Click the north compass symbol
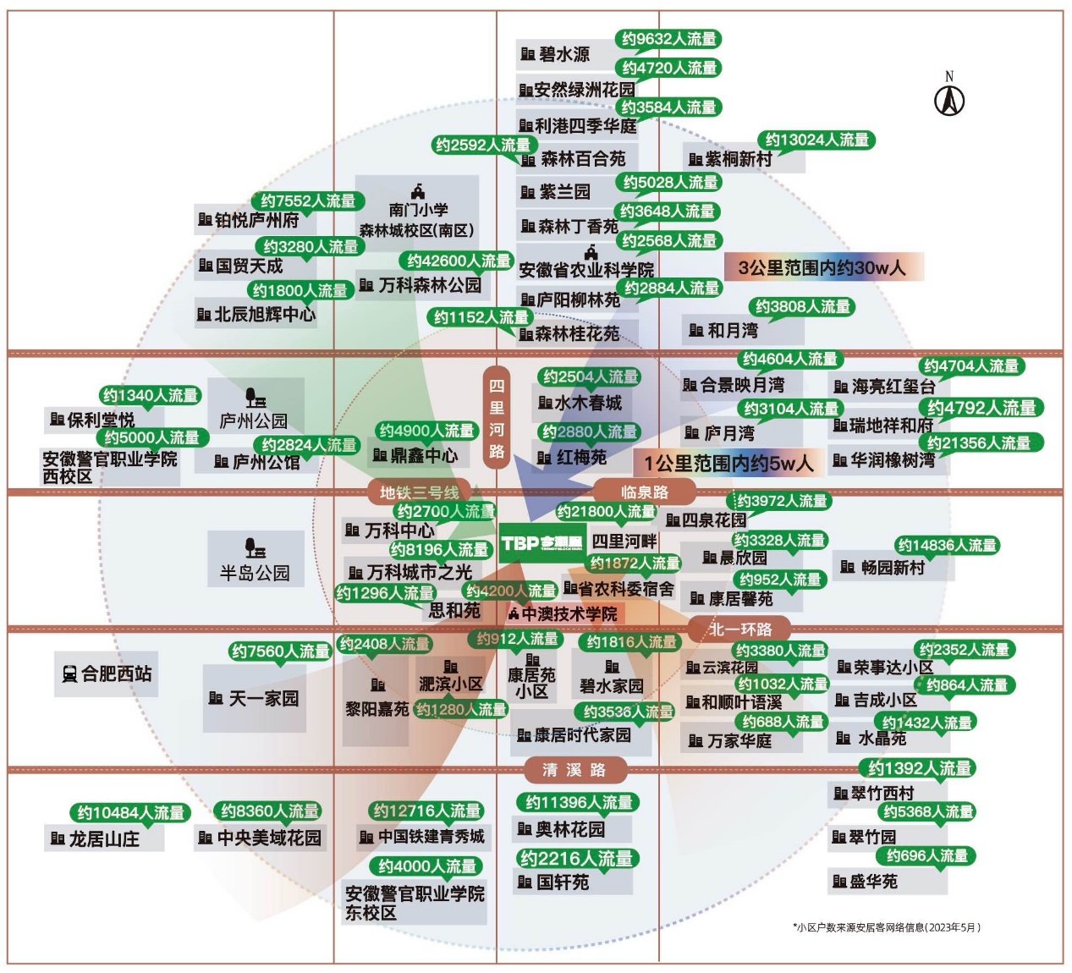949,95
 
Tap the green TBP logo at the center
541,542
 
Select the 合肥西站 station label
107,674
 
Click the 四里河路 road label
497,418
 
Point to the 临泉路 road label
645,492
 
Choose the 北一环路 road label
740,629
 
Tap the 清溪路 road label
574,769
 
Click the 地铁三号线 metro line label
419,492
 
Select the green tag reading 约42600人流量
459,261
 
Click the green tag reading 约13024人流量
817,140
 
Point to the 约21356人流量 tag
979,443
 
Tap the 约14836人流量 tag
948,545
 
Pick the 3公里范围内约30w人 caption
822,268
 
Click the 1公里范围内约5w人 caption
728,463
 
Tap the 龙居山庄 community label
104,839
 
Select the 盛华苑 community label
873,882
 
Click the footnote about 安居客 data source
887,927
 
